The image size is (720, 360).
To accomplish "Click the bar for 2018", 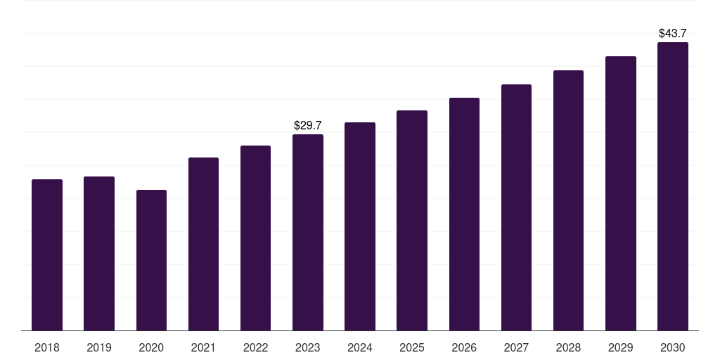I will coord(47,255).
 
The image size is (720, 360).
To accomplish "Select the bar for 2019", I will coord(99,253).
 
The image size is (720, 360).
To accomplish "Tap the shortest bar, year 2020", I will coord(151,260).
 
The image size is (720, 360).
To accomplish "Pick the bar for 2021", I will coord(203,244).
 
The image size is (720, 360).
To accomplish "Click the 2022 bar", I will coord(255,238).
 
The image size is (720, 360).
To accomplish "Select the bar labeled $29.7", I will coord(308,232).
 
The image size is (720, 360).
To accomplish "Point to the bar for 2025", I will coord(412,220).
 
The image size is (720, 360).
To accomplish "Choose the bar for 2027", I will coord(516,207).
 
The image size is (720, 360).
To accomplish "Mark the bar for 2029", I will coord(621,193).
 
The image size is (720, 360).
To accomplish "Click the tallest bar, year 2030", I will coord(673,186).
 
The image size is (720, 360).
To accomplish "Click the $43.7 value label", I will coord(673,33).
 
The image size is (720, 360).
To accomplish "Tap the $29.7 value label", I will coord(308,125).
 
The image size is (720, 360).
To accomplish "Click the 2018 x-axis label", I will coord(47,347).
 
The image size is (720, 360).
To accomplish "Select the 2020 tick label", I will coord(151,347).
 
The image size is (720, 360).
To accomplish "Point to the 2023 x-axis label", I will coord(308,347).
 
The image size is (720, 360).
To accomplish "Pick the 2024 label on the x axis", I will coord(360,347).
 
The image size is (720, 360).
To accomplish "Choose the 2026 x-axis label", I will coord(464,347).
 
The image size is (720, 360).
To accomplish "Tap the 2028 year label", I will coord(568,347).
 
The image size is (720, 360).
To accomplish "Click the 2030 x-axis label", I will coord(673,347).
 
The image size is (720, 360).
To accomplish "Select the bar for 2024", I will coord(360,226).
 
